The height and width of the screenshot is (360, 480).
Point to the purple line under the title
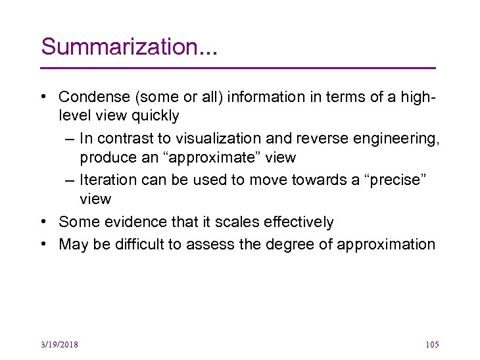coord(238,68)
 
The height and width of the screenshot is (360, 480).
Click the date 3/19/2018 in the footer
coord(58,345)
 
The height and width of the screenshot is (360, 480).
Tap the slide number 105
coord(432,345)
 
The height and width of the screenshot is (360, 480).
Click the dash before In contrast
coord(69,139)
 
